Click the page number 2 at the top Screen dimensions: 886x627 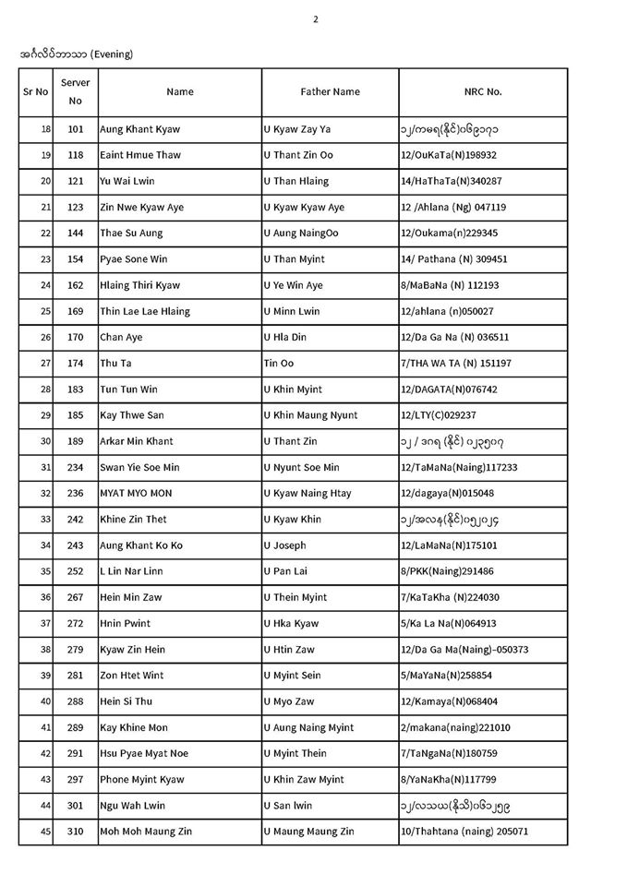click(x=315, y=18)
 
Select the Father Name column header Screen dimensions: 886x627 click(x=330, y=92)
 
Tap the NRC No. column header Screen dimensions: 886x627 click(x=483, y=92)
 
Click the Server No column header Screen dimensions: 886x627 click(x=76, y=91)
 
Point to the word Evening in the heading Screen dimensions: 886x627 click(x=111, y=54)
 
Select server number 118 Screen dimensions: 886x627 click(x=76, y=155)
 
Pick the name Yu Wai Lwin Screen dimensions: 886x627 click(x=128, y=181)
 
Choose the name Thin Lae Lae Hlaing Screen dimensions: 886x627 click(x=144, y=311)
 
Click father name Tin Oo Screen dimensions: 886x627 click(x=279, y=364)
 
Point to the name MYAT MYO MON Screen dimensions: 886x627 click(x=137, y=494)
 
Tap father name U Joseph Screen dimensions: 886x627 click(x=284, y=545)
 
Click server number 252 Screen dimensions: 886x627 click(x=76, y=571)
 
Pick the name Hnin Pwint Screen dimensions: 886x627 click(x=126, y=623)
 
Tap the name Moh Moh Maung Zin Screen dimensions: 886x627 click(x=148, y=832)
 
